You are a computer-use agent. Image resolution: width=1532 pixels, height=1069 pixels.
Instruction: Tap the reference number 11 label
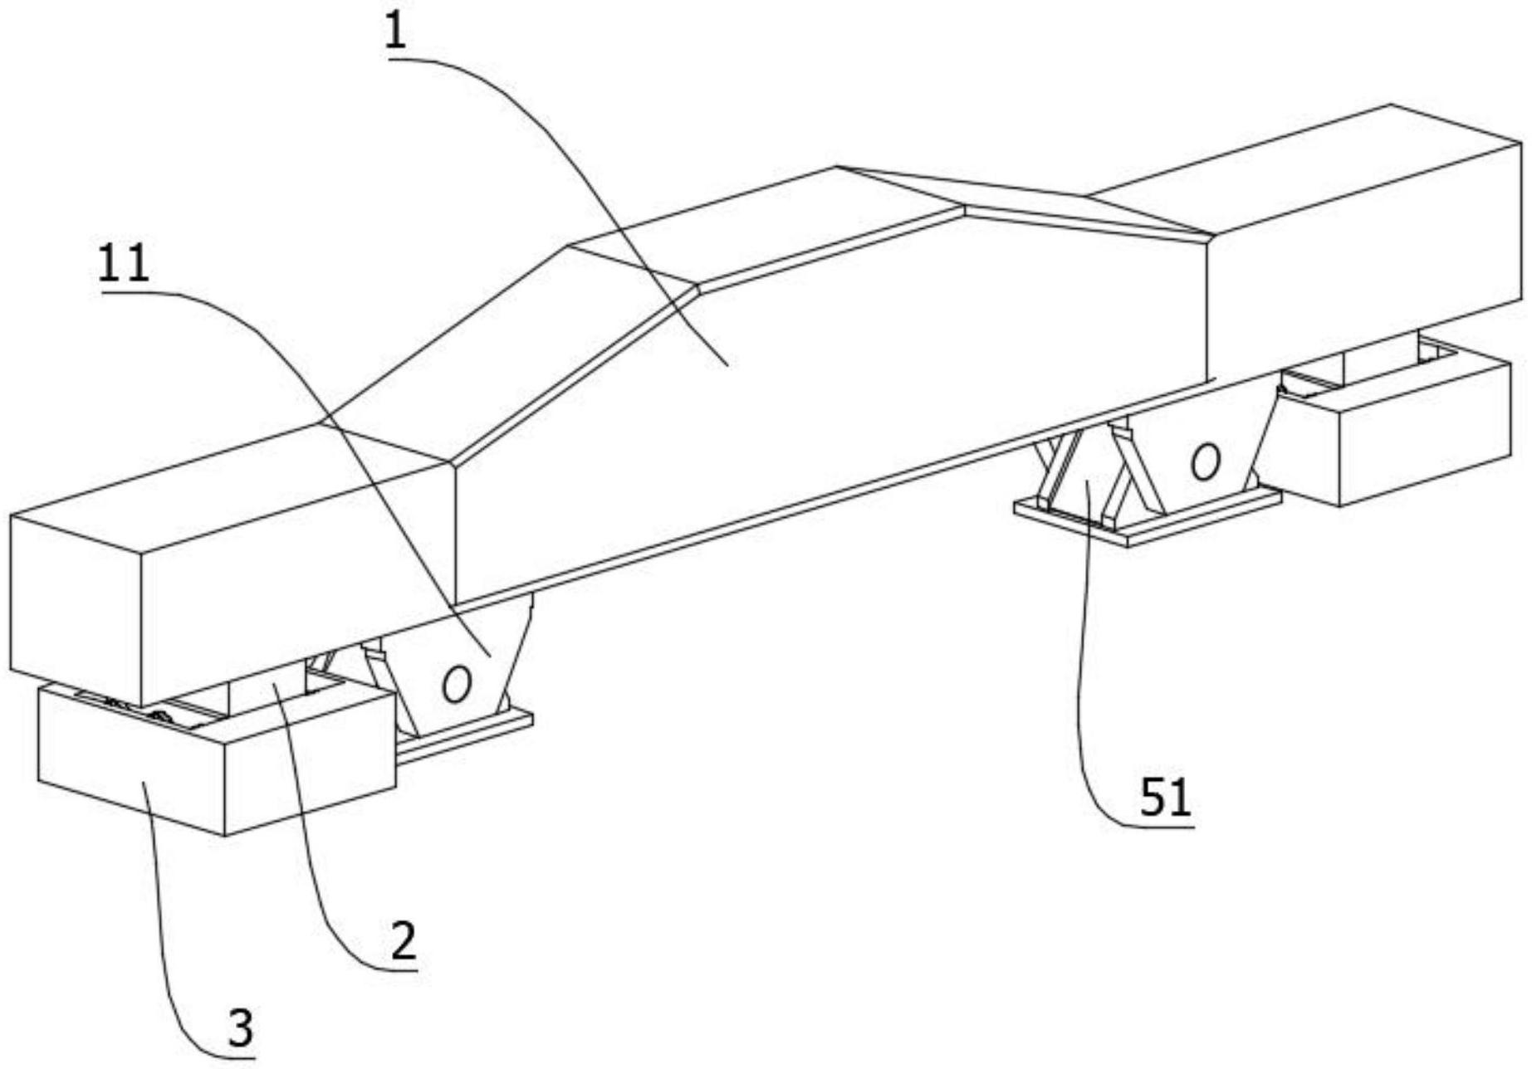pos(124,264)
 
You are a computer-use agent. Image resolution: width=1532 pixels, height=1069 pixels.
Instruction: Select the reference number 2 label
pos(404,942)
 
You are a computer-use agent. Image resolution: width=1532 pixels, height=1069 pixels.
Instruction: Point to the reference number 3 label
pos(240,1029)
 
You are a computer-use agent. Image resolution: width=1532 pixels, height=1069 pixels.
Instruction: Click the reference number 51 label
pos(1165,798)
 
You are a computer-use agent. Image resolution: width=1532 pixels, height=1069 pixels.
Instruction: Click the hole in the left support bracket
pos(456,684)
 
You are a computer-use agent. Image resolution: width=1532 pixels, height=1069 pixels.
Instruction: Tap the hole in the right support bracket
pos(1205,462)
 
